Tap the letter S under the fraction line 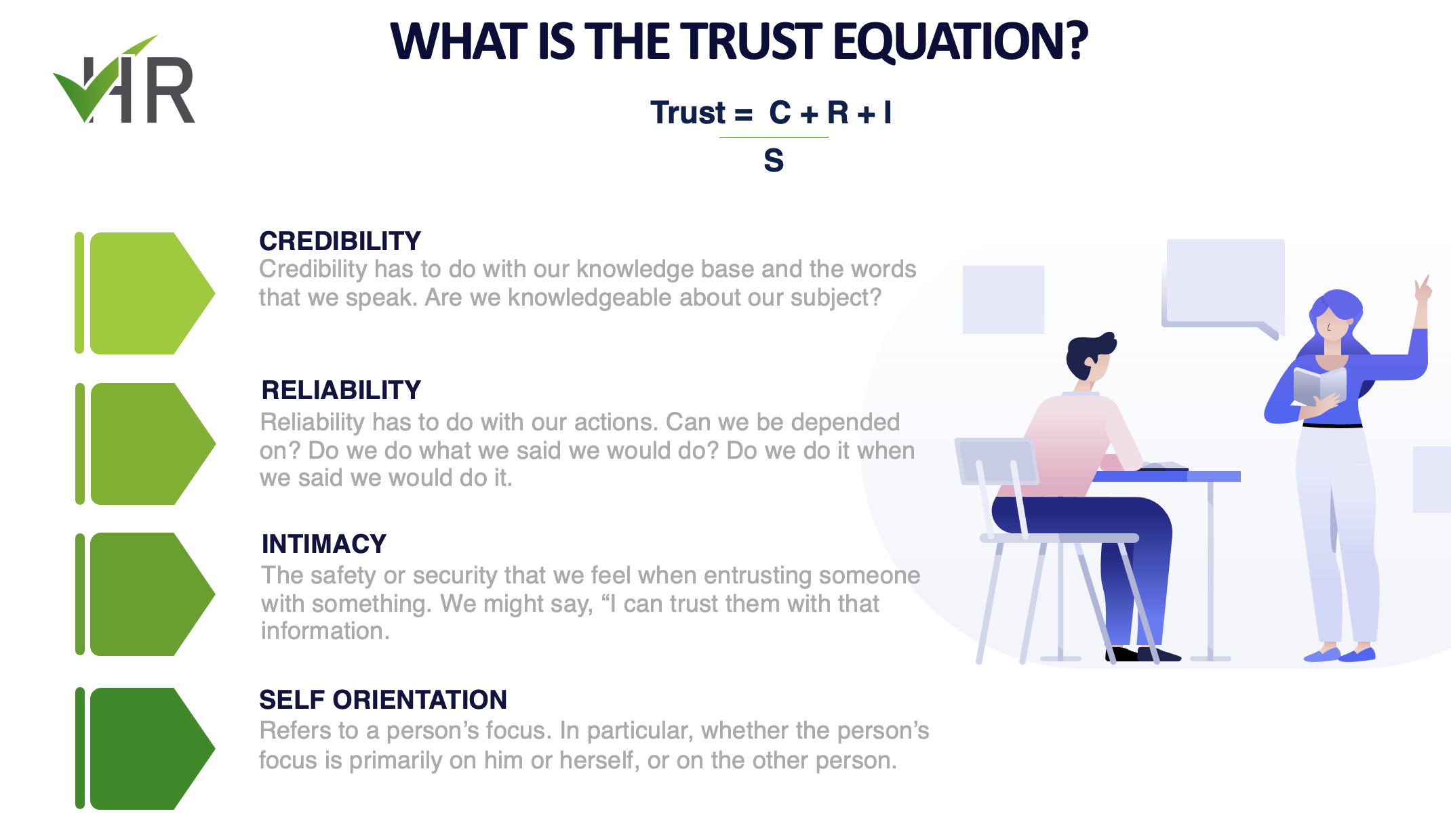click(x=774, y=161)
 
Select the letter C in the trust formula click(x=780, y=112)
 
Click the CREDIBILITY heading click(x=340, y=241)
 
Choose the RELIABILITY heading click(x=341, y=390)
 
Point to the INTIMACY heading click(x=324, y=544)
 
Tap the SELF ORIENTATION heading click(x=383, y=700)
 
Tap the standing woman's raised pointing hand click(x=1423, y=289)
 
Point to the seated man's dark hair click(x=1088, y=352)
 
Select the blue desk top click(x=1166, y=476)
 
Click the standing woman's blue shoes click(x=1339, y=655)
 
